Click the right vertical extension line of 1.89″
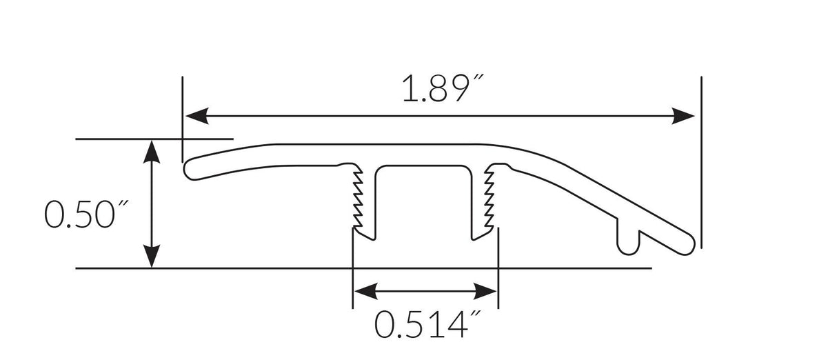coord(700,159)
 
